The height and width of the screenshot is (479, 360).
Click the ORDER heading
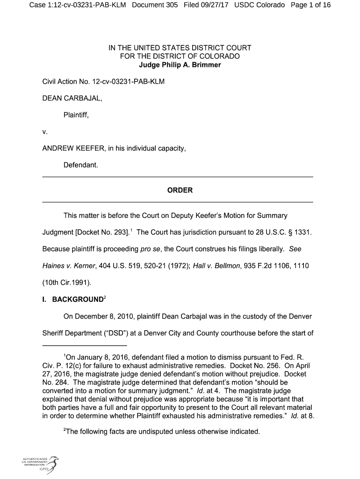point(180,190)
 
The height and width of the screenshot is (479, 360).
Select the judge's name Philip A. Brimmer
point(189,65)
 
